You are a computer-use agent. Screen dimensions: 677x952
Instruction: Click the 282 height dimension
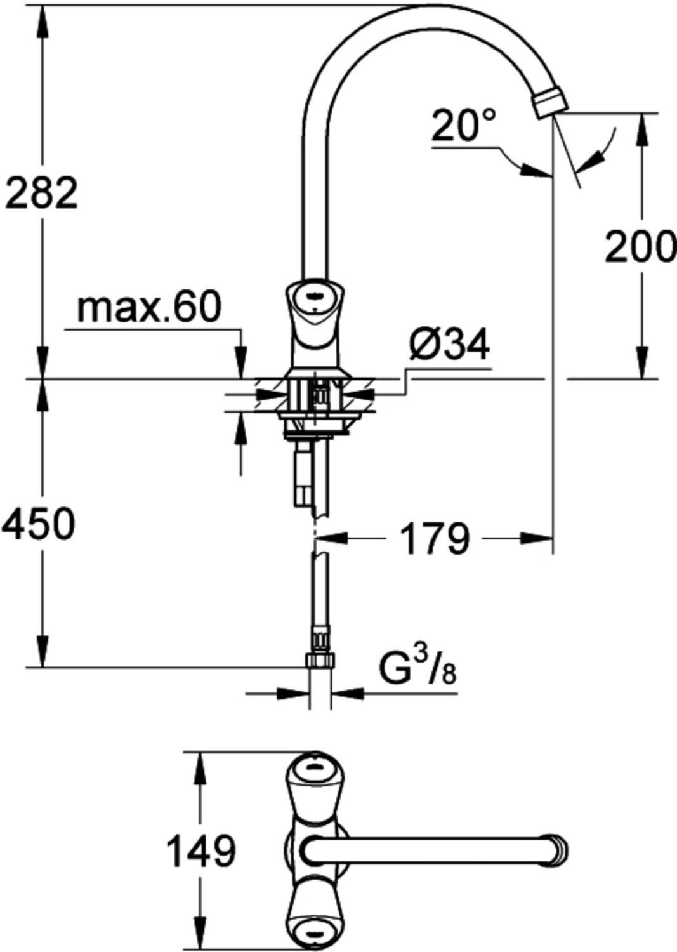[x=41, y=192]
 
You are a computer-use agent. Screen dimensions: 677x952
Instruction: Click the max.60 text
[x=149, y=307]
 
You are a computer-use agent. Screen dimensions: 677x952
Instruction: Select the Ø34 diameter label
[x=449, y=344]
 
